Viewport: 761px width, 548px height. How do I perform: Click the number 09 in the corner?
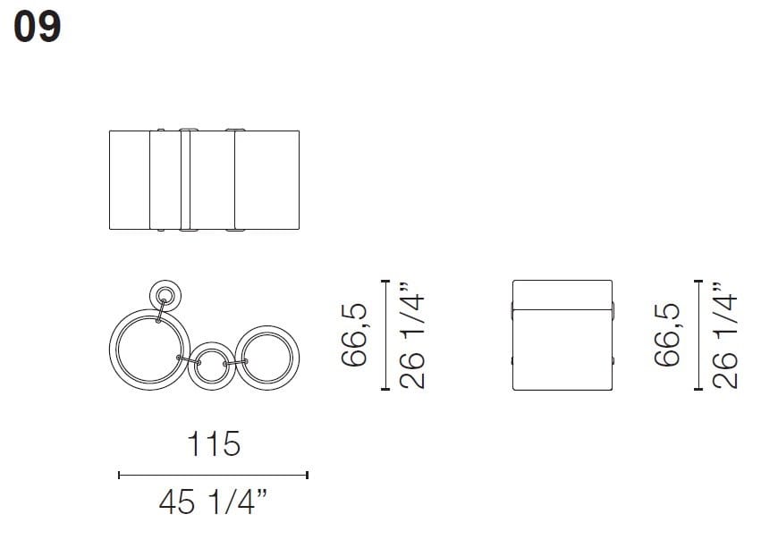tap(37, 28)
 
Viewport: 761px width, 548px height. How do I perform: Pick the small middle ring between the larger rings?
tap(211, 364)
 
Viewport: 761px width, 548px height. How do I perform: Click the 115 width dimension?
tap(213, 443)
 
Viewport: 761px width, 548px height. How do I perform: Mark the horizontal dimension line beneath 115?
tap(213, 475)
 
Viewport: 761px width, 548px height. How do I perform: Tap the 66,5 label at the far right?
tap(667, 334)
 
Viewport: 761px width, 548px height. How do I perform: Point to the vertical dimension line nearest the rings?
tap(385, 334)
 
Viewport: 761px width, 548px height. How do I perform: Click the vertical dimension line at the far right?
tap(698, 334)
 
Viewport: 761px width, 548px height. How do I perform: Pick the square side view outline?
tap(563, 334)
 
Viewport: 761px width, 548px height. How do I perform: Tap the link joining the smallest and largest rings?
tap(160, 312)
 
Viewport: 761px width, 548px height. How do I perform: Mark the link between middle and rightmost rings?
tap(240, 362)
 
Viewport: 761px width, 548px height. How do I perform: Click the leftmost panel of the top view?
tap(130, 180)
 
